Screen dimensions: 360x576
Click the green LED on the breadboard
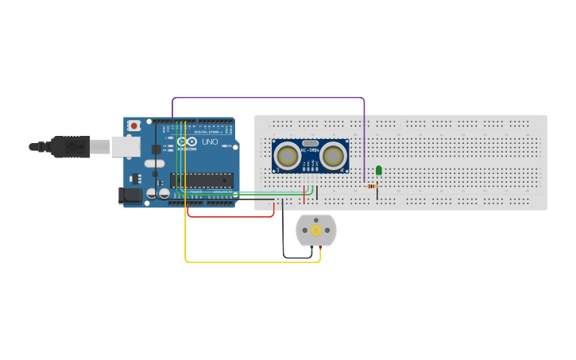(x=379, y=169)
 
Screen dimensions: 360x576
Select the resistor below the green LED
(x=372, y=187)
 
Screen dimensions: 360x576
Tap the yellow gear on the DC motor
(x=316, y=230)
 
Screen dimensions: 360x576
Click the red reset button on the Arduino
(x=134, y=126)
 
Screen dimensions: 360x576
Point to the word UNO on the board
(x=210, y=141)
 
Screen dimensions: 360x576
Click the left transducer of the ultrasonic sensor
(x=286, y=156)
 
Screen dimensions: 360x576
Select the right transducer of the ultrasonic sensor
(x=333, y=156)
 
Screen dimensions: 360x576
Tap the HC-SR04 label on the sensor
(x=310, y=151)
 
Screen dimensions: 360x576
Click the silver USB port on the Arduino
(x=126, y=146)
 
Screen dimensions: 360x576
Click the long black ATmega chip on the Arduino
(x=201, y=180)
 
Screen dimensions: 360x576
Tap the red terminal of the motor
(x=319, y=250)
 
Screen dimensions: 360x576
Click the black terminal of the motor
(x=311, y=250)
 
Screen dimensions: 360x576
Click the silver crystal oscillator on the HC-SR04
(x=310, y=143)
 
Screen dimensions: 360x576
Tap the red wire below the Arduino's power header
(x=230, y=215)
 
